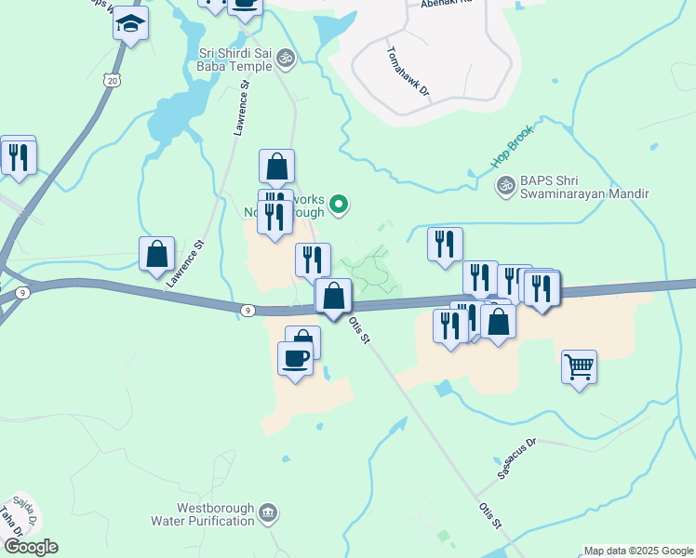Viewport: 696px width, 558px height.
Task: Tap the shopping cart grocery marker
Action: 579,368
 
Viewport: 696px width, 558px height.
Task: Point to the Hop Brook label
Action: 514,147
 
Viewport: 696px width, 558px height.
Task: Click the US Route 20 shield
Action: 113,81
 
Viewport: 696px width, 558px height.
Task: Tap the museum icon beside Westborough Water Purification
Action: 268,512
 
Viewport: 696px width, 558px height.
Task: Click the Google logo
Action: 31,547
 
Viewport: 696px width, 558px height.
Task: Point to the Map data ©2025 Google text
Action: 637,551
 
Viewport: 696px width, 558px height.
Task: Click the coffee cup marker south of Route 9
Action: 296,358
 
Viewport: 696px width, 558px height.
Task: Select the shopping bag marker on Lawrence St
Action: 157,254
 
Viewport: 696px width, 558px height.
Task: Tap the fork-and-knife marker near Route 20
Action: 18,155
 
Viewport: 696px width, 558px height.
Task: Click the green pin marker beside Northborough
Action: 340,205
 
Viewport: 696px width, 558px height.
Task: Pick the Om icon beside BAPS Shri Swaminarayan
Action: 506,186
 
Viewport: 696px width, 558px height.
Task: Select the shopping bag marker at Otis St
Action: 333,297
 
